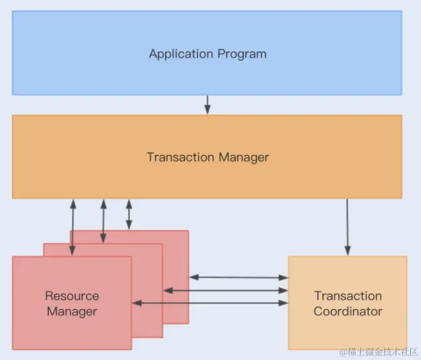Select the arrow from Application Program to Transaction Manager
point(207,104)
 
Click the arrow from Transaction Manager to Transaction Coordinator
point(347,226)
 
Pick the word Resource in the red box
point(72,296)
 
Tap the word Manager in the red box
point(72,311)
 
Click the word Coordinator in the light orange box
point(348,311)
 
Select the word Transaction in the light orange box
point(348,296)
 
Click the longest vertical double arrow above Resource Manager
point(72,227)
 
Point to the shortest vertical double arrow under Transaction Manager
point(129,214)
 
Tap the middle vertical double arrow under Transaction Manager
point(103,220)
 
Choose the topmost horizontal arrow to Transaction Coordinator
point(238,277)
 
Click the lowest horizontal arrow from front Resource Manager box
point(210,303)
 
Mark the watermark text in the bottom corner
point(378,351)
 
